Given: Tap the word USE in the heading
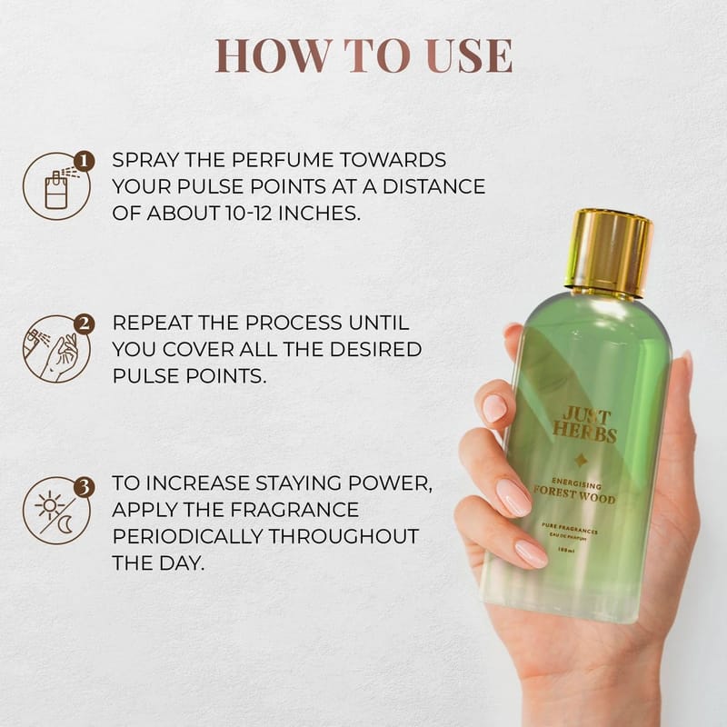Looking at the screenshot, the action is tap(469, 55).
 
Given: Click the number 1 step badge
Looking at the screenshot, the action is tap(84, 162).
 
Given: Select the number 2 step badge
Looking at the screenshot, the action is tap(84, 324).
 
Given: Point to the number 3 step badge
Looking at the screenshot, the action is tap(84, 487).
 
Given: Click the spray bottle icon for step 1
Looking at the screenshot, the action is tap(56, 186).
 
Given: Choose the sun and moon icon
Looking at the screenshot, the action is tap(56, 511).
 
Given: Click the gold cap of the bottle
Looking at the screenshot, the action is tap(609, 253).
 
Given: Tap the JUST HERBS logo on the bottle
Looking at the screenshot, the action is tap(585, 425).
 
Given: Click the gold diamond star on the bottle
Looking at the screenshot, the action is tap(580, 461).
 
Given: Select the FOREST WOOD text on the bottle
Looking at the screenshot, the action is tap(574, 495).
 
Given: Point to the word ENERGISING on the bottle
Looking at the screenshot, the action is tap(576, 483).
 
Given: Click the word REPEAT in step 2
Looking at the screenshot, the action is tap(150, 323).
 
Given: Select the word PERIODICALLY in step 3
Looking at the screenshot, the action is tap(187, 536).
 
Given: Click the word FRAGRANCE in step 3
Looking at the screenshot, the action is tap(294, 510).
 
